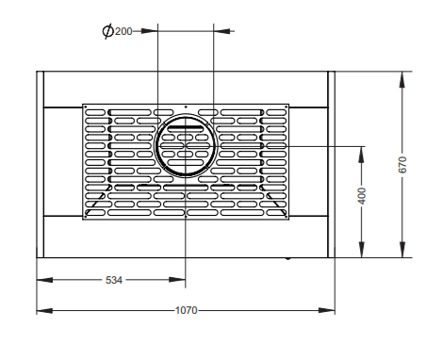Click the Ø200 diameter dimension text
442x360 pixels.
click(x=117, y=31)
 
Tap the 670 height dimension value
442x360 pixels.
click(x=402, y=164)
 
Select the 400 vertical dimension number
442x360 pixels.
click(x=362, y=196)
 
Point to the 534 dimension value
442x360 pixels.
click(x=114, y=280)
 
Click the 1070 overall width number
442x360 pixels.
click(x=186, y=310)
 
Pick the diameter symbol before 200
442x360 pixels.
click(x=107, y=31)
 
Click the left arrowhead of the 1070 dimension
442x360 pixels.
click(x=44, y=311)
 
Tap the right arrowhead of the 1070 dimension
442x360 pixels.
click(x=327, y=311)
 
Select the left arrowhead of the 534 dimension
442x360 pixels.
click(x=44, y=280)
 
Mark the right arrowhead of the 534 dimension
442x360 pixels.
click(x=177, y=280)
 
